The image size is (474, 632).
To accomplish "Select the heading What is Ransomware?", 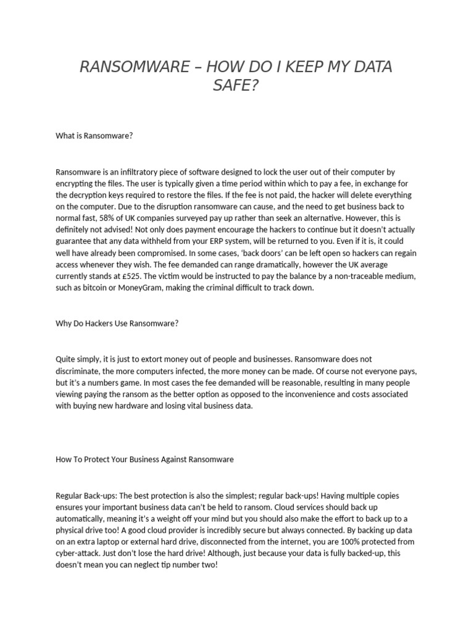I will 94,136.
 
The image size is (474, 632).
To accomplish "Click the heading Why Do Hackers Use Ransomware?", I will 117,323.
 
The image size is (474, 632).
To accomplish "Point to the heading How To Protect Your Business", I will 144,460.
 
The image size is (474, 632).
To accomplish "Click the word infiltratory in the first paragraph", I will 143,172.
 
